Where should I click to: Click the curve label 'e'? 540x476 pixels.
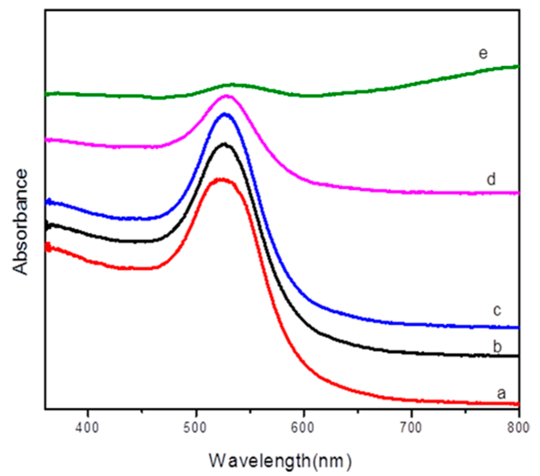[x=483, y=53]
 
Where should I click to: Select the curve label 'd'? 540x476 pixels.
[x=491, y=179]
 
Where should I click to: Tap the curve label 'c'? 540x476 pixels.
[x=497, y=310]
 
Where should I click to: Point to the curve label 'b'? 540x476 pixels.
[x=497, y=346]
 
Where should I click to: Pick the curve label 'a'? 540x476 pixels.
[x=501, y=393]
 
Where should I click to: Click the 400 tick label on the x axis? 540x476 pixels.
[x=88, y=427]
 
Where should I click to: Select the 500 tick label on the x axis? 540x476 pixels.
[x=196, y=427]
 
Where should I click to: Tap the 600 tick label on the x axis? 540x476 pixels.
[x=304, y=427]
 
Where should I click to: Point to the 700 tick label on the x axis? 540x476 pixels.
[x=411, y=427]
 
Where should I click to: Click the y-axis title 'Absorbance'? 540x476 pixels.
[x=20, y=222]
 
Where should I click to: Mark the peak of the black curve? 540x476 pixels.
[x=225, y=144]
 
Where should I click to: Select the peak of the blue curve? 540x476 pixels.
[x=225, y=114]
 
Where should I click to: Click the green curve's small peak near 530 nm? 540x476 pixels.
[x=232, y=85]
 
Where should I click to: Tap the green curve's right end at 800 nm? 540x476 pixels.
[x=518, y=66]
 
